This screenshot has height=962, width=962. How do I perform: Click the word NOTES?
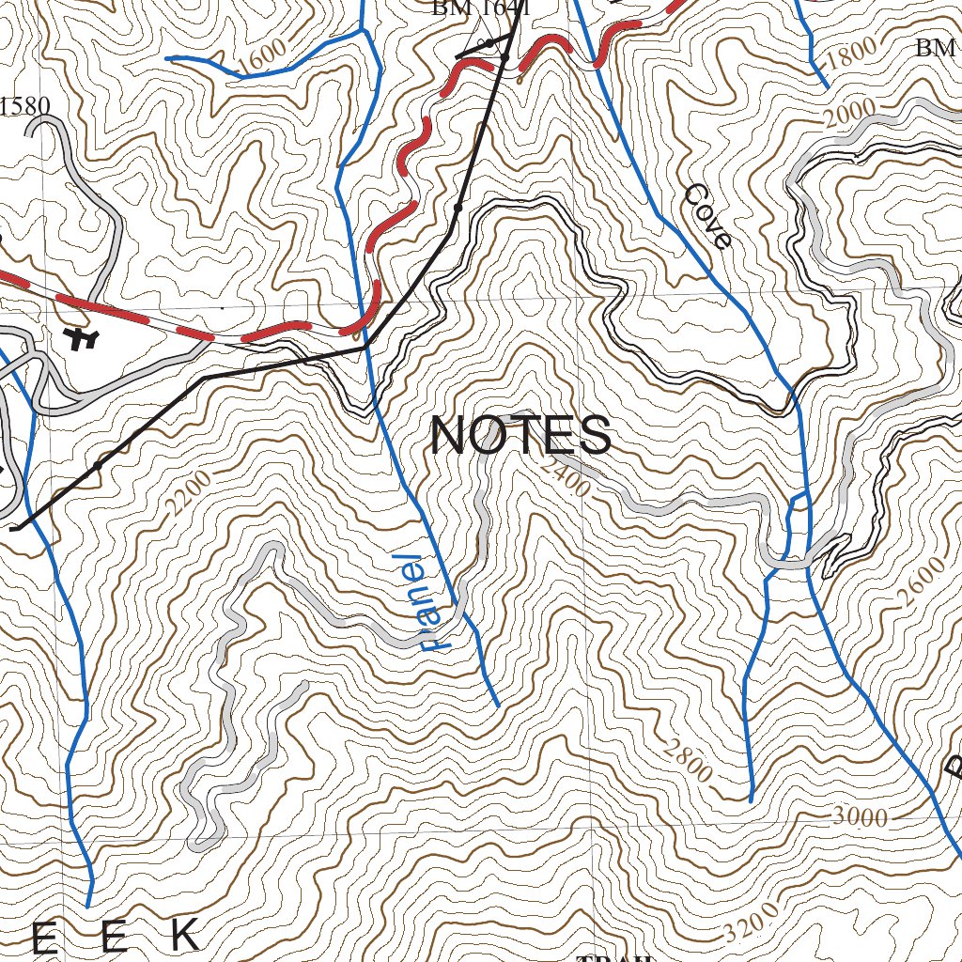coord(520,436)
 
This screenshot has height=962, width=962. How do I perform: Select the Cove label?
coord(707,216)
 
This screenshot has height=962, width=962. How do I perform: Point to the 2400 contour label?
coord(566,475)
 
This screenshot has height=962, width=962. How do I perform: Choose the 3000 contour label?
coord(860,817)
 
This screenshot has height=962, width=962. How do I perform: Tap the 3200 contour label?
coord(752,923)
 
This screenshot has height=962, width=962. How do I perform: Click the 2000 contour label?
coord(848,114)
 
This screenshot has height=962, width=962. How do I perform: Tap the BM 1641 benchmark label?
coord(481,8)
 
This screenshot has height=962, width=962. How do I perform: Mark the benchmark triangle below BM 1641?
coord(489,44)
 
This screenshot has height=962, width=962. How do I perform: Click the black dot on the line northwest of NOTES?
coord(458,207)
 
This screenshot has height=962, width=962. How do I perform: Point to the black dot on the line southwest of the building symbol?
coord(98,465)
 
